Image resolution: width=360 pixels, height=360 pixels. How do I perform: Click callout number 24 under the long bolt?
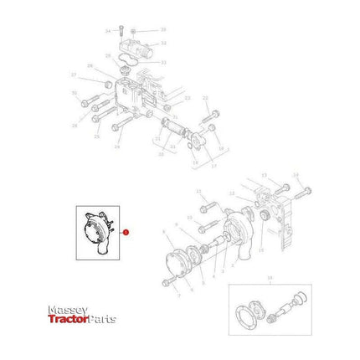click(x=117, y=147)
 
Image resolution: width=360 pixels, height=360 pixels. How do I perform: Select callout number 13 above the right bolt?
click(x=264, y=176)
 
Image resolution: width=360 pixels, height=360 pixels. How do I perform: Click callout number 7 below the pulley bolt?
click(x=178, y=296)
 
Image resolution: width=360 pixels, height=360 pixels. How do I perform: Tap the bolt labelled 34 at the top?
click(x=121, y=30)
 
